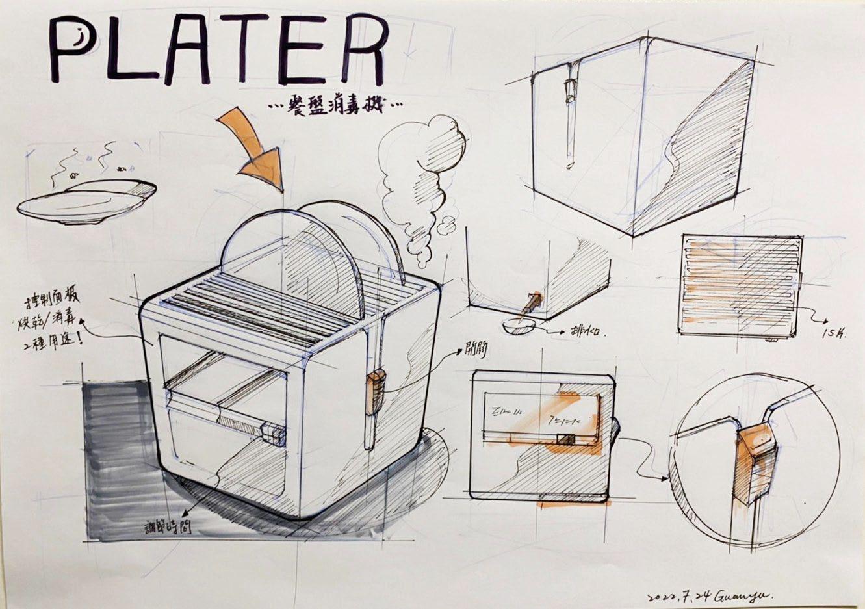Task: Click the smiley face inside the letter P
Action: click(77, 40)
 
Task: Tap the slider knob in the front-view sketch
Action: click(565, 439)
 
